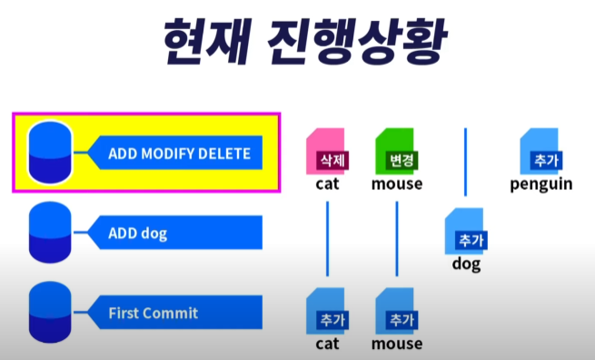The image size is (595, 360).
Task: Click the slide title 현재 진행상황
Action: pyautogui.click(x=305, y=42)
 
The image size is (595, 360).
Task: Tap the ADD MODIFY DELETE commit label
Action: pyautogui.click(x=179, y=154)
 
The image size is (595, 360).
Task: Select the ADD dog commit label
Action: pyautogui.click(x=138, y=234)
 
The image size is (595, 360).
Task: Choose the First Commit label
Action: pyautogui.click(x=154, y=314)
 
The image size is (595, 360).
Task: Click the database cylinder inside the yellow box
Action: pyautogui.click(x=50, y=153)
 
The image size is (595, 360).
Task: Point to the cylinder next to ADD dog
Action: pyautogui.click(x=50, y=232)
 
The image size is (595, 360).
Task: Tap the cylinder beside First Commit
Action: pyautogui.click(x=50, y=312)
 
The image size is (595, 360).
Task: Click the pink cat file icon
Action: pyautogui.click(x=325, y=151)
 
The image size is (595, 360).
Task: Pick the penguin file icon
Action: pyautogui.click(x=540, y=151)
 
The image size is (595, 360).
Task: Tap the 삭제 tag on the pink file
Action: pyautogui.click(x=332, y=160)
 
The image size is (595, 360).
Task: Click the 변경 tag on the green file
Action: pyautogui.click(x=402, y=160)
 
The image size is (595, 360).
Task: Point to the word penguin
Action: pyautogui.click(x=541, y=185)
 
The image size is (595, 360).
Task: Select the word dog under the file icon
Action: pyautogui.click(x=466, y=265)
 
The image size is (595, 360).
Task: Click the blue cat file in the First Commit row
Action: pyautogui.click(x=325, y=311)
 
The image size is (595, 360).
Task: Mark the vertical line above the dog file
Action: pyautogui.click(x=466, y=162)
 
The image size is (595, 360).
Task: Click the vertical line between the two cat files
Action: pyautogui.click(x=328, y=239)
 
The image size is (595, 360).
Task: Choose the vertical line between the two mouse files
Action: pyautogui.click(x=397, y=239)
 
